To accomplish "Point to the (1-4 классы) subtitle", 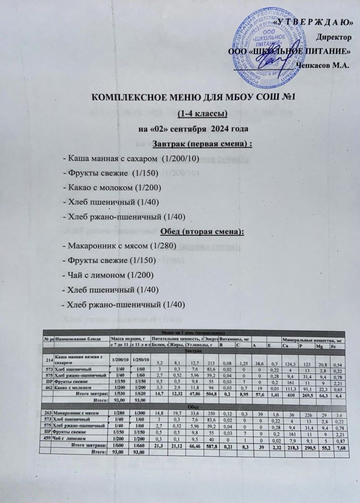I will click(x=195, y=114).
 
